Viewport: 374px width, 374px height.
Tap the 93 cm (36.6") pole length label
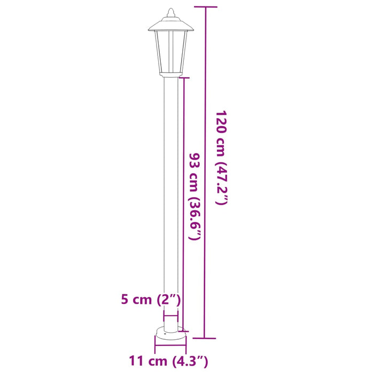pyautogui.click(x=195, y=196)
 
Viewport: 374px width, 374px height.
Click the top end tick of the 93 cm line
pyautogui.click(x=184, y=78)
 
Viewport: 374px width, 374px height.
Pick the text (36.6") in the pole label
pyautogui.click(x=195, y=220)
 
